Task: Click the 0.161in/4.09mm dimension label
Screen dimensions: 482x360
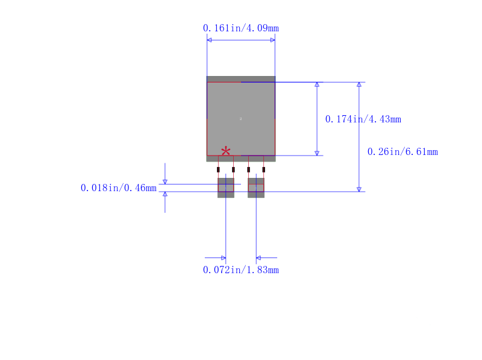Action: tap(240, 28)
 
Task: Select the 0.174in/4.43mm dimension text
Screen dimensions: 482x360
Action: tap(363, 119)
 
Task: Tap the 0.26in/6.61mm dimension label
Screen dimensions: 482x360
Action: tap(402, 152)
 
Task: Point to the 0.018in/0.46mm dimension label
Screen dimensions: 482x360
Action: tap(118, 188)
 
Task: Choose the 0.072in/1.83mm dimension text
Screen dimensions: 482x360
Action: tap(240, 270)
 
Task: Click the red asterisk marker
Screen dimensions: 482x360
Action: tap(225, 151)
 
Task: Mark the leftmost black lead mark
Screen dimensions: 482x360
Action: tap(218, 169)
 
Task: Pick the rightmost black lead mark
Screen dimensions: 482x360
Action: tap(264, 169)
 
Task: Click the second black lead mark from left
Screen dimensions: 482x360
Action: tap(233, 169)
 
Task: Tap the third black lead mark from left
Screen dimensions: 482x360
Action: tap(248, 169)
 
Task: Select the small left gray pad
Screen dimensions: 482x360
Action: tap(226, 188)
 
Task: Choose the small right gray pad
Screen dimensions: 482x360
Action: tap(256, 188)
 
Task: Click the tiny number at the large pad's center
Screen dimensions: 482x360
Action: tap(240, 119)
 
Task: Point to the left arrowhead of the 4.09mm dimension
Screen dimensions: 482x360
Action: tap(209, 40)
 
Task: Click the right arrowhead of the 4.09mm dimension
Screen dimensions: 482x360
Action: tap(273, 40)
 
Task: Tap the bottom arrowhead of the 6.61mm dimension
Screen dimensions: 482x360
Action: tap(358, 189)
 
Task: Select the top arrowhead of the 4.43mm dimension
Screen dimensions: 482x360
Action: tap(317, 84)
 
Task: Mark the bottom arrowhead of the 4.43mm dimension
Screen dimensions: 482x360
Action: tap(317, 153)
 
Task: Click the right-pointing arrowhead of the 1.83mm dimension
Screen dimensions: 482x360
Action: tap(224, 258)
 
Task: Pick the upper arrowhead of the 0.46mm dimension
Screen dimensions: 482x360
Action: tap(165, 182)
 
